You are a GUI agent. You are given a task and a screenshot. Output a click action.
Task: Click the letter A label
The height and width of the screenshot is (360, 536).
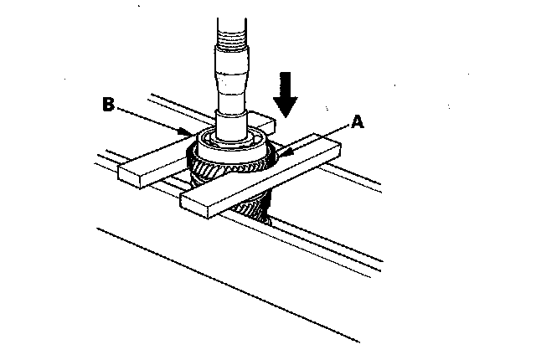(x=358, y=122)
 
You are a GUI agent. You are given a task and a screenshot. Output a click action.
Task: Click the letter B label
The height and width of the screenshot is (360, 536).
(x=107, y=105)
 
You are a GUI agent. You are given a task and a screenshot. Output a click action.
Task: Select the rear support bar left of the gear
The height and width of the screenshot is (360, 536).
(x=151, y=163)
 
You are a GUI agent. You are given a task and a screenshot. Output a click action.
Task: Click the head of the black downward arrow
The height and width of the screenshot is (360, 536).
(x=286, y=108)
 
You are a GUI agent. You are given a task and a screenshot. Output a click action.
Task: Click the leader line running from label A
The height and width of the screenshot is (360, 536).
(x=318, y=136)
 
